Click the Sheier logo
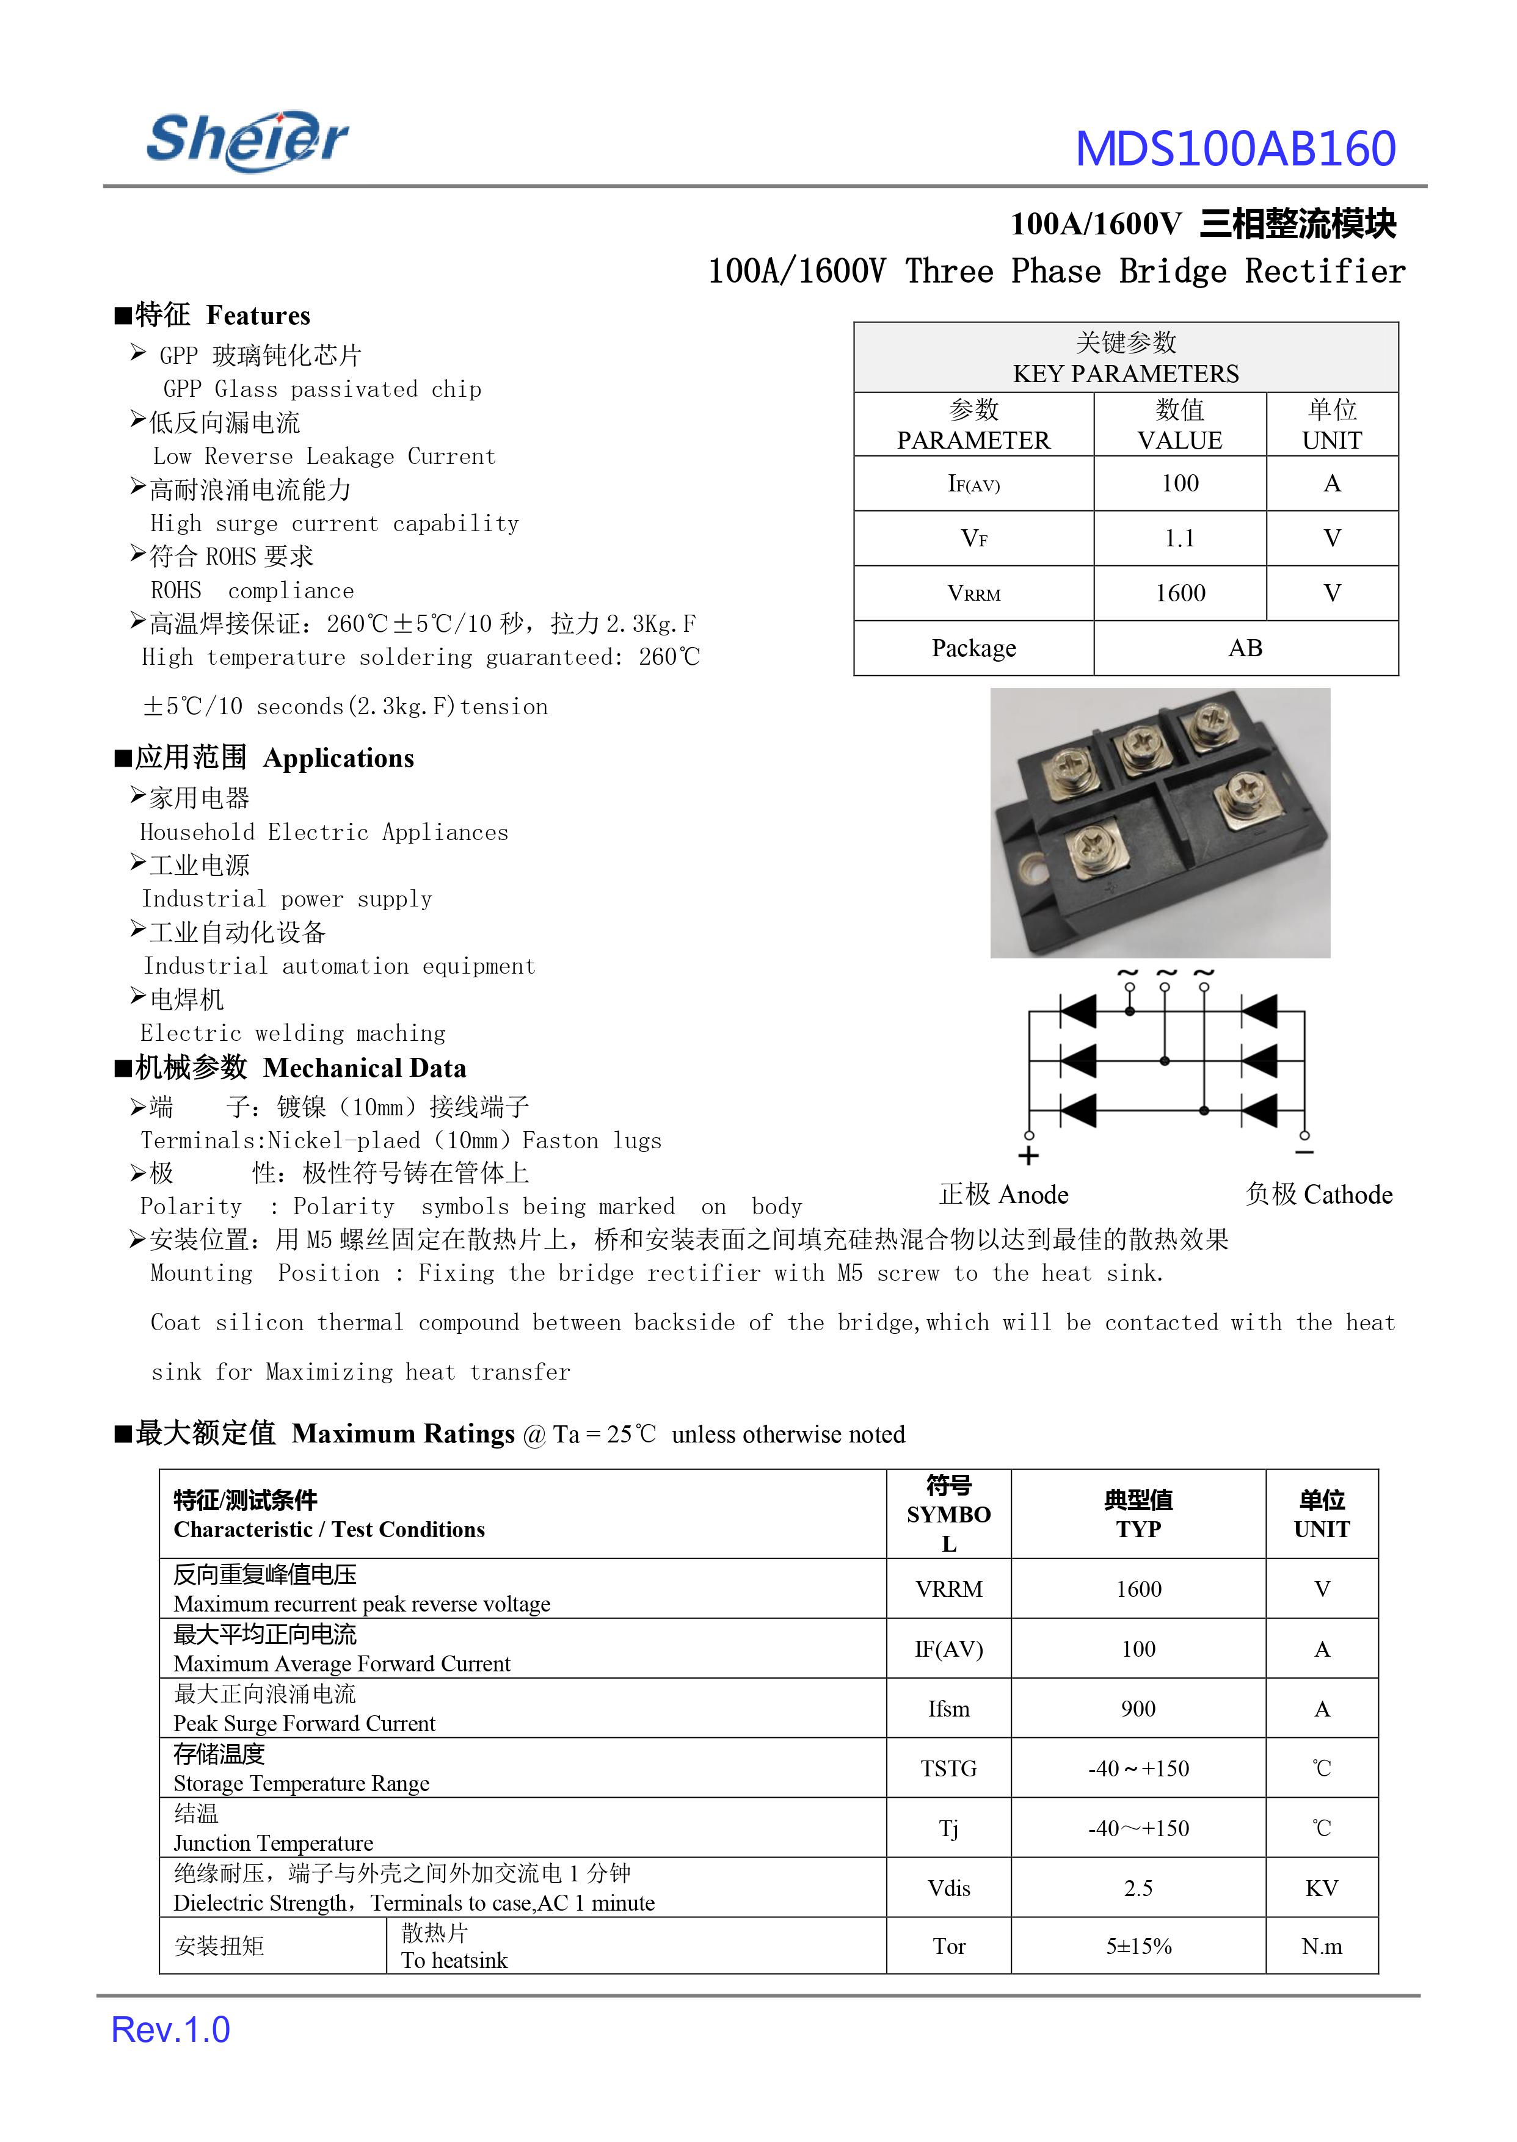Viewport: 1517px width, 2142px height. click(x=247, y=140)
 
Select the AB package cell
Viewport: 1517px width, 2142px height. click(x=1245, y=648)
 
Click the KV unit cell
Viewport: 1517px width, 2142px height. click(x=1321, y=1888)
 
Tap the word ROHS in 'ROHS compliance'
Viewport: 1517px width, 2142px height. click(x=176, y=591)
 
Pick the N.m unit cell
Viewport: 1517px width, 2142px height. click(x=1321, y=1946)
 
